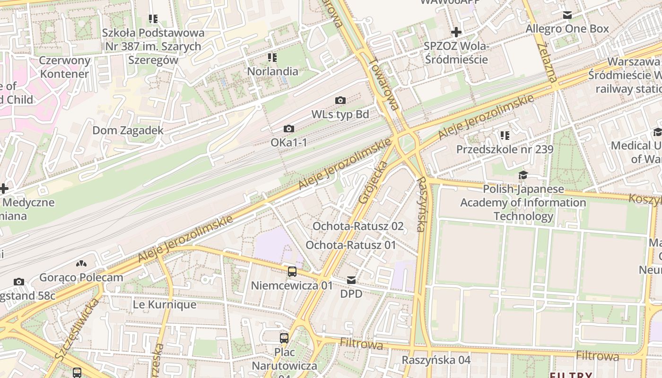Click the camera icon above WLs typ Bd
click(340, 100)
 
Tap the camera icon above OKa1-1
click(288, 129)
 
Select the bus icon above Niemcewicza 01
click(292, 271)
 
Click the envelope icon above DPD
click(351, 280)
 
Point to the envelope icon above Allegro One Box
click(567, 15)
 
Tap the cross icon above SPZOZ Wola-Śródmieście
click(456, 32)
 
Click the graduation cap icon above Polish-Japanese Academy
click(523, 175)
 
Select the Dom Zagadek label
click(128, 130)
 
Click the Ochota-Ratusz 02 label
click(358, 226)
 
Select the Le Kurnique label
click(164, 305)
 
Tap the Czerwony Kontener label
click(64, 67)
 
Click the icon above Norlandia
click(272, 58)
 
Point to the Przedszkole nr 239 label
click(505, 149)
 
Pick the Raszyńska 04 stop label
click(436, 360)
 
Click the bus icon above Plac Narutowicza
click(284, 338)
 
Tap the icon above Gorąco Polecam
click(81, 263)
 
